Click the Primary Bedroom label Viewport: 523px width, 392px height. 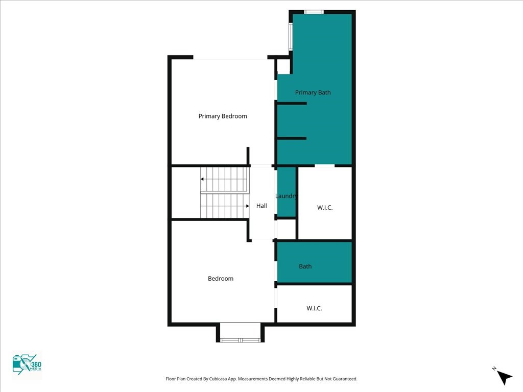223,116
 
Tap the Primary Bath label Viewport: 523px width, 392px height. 313,93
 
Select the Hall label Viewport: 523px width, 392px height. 261,206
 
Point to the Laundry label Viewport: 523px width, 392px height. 286,196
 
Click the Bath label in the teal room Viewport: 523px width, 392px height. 305,266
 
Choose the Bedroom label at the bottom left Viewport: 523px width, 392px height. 221,278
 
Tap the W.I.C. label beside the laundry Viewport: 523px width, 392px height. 324,208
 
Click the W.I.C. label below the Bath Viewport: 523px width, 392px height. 314,308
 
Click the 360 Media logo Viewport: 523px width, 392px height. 27,364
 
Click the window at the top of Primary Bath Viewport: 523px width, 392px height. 314,12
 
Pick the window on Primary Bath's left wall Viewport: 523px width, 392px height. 291,37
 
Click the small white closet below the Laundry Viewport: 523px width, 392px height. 287,229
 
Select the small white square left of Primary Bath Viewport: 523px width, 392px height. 283,67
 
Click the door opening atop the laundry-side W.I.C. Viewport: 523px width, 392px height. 324,166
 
